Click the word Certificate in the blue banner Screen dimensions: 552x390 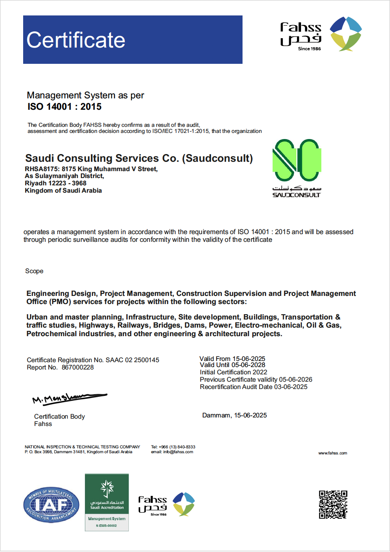[76, 40]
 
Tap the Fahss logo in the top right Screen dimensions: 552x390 [321, 34]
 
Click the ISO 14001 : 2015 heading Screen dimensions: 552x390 [65, 107]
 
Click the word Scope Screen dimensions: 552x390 [34, 271]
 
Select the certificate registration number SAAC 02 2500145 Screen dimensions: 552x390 [132, 360]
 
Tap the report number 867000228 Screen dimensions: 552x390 [78, 367]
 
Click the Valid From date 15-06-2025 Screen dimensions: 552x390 [249, 359]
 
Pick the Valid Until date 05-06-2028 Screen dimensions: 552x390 [249, 365]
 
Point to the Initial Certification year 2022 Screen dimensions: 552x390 [260, 372]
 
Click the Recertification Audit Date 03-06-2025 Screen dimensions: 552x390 [291, 387]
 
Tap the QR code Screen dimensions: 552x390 [333, 504]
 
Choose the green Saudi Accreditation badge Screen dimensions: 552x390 [107, 502]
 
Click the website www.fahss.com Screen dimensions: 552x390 [333, 453]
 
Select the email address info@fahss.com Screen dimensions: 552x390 [178, 452]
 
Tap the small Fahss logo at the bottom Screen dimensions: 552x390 [167, 504]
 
